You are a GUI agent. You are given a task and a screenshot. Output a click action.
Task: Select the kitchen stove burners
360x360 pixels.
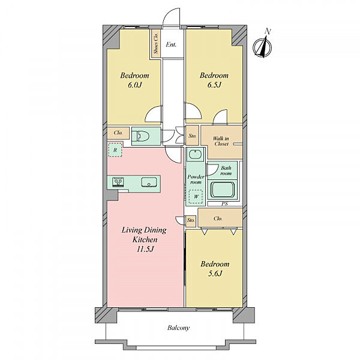[118, 182]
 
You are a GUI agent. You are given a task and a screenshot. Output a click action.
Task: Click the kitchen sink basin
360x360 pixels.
[149, 182]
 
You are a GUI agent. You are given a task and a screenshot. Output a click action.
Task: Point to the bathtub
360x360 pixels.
[223, 190]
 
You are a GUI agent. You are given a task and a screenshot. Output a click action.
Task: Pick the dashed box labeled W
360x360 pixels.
[196, 197]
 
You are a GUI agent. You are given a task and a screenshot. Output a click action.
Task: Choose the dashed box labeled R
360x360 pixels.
[115, 150]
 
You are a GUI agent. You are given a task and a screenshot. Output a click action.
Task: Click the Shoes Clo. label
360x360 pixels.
[156, 43]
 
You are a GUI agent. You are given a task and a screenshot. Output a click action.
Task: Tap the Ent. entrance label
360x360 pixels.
[171, 44]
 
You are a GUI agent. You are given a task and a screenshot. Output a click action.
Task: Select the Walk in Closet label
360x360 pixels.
[221, 141]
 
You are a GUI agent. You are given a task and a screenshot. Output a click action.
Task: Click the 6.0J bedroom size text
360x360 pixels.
[134, 85]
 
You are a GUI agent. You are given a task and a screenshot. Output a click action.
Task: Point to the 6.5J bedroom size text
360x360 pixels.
[214, 85]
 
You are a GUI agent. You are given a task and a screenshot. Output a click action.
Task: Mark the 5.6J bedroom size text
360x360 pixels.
[215, 274]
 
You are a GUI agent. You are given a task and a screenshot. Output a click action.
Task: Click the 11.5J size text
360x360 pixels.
[145, 249]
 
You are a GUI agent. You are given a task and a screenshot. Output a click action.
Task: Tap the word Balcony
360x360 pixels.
[179, 328]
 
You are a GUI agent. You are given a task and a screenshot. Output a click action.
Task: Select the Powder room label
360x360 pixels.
[196, 179]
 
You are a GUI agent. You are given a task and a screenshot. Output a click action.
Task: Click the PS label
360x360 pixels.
[225, 203]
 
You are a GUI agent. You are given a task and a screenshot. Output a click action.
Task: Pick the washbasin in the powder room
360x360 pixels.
[196, 154]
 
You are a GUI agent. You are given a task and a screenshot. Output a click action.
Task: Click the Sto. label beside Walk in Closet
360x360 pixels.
[193, 136]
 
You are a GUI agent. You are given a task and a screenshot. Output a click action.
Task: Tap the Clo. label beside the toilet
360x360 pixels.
[118, 133]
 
